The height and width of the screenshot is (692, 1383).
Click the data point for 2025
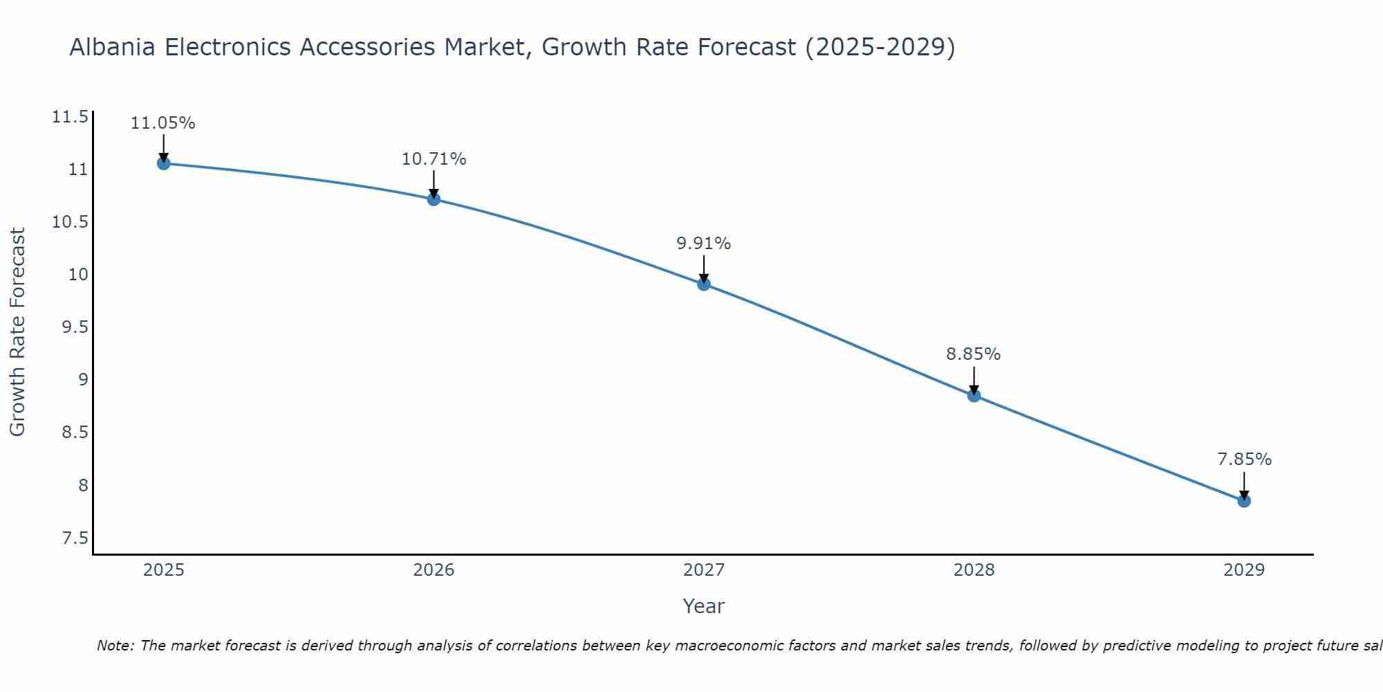click(164, 163)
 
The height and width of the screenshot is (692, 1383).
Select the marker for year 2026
click(434, 199)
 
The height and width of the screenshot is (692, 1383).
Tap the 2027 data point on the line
click(704, 284)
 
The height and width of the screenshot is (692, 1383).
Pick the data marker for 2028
click(974, 396)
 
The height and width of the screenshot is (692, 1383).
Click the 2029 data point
click(1244, 501)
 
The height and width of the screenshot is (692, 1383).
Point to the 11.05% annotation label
click(163, 124)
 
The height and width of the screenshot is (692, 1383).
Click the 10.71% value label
click(434, 159)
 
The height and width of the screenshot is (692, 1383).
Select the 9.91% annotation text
click(703, 244)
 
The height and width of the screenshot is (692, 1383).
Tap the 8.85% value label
click(973, 354)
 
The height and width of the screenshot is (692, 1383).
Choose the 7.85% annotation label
click(1244, 459)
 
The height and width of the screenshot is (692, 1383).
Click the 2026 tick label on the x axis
click(434, 570)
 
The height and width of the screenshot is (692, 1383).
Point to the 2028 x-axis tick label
click(974, 570)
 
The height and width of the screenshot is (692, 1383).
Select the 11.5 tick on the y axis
click(70, 117)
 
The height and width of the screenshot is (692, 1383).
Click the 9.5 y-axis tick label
click(75, 327)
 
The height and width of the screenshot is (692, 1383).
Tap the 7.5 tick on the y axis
click(75, 538)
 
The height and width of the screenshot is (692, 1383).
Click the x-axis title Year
click(703, 606)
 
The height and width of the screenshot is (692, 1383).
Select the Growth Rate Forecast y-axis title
click(17, 332)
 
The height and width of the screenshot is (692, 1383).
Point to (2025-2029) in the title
click(880, 47)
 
